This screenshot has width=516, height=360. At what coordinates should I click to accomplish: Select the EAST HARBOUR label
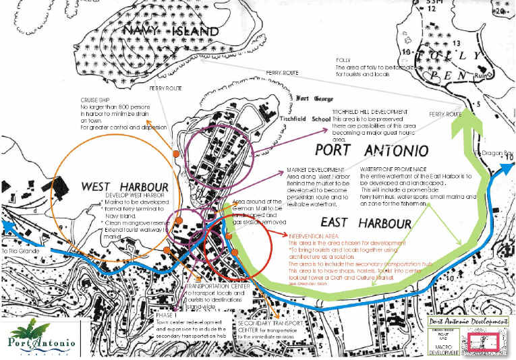(366, 222)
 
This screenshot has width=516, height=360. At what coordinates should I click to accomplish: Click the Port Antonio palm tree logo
(45, 336)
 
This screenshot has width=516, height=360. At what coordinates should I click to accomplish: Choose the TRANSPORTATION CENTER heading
(208, 286)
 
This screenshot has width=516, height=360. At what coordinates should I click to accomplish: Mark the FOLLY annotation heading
(343, 60)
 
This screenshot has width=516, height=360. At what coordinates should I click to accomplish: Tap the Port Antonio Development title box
(467, 322)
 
